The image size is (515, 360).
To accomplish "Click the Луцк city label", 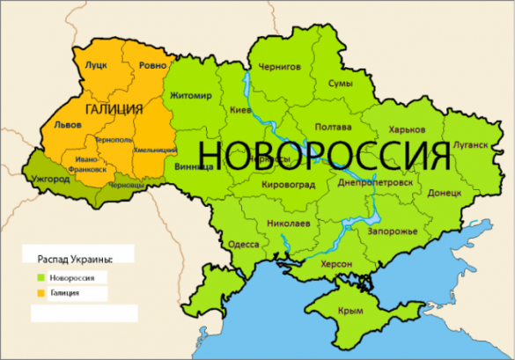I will [x=95, y=66].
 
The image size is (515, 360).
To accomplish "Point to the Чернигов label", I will [x=279, y=66].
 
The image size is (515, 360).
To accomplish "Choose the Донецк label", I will [x=444, y=190].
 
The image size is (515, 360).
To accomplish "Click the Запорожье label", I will [x=387, y=231].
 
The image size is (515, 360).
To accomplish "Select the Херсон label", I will [x=335, y=264].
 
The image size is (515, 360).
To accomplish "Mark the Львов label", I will [x=68, y=124].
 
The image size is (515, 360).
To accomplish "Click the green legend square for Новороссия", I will [x=41, y=277].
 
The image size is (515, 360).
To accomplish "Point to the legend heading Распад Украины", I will [x=76, y=259].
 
